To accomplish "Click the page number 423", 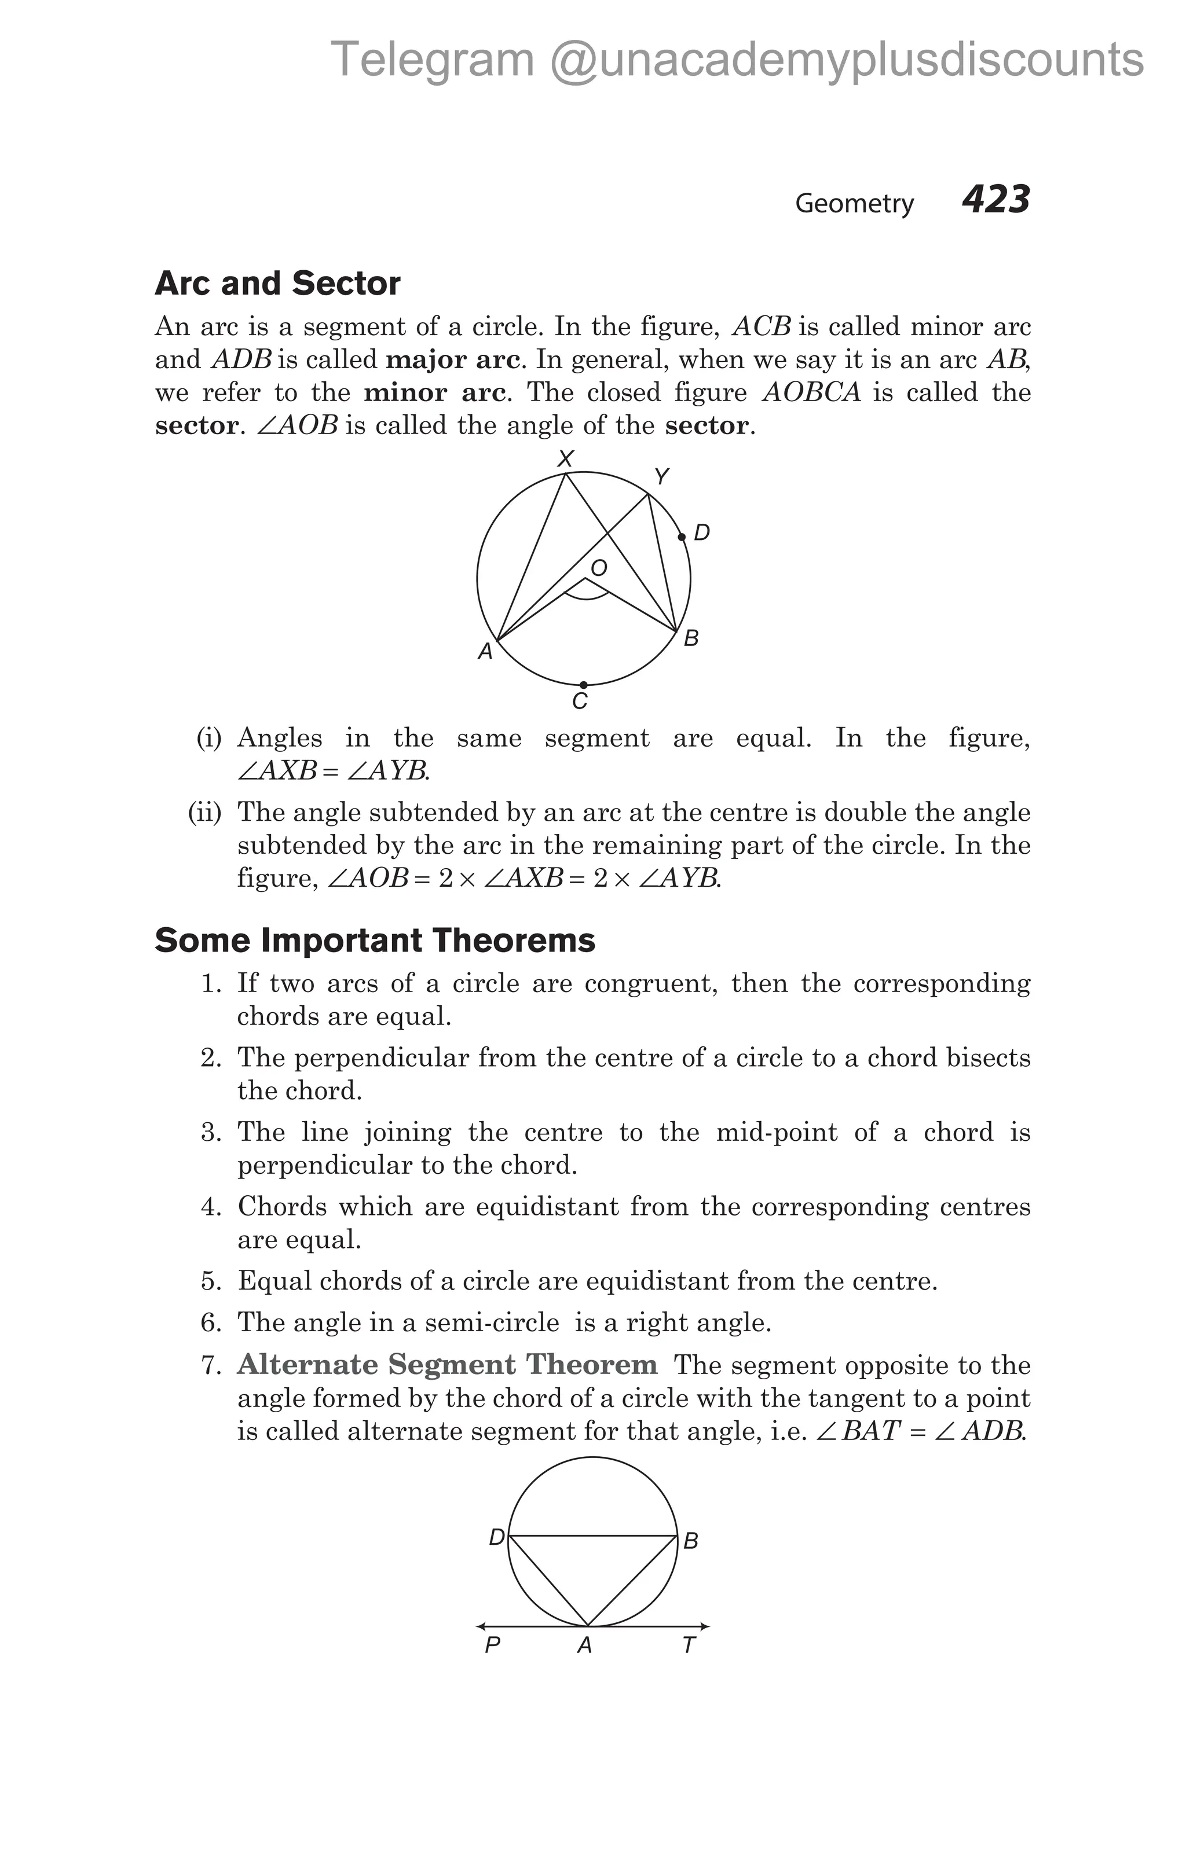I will click(995, 200).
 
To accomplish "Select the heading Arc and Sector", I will click(277, 284).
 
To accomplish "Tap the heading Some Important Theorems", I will click(375, 941).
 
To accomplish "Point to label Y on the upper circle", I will click(661, 477).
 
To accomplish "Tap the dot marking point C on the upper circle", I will click(583, 685).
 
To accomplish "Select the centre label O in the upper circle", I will click(599, 568).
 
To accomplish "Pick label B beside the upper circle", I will click(691, 638).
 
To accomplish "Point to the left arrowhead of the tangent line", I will click(481, 1626).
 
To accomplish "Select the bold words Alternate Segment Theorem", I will click(447, 1364).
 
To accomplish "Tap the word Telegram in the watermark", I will click(431, 59).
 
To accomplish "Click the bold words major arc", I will click(452, 360).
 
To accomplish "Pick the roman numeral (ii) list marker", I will click(205, 812).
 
